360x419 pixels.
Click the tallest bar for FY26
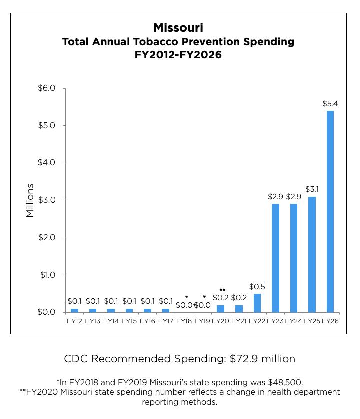[330, 211]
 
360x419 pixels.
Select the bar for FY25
[312, 254]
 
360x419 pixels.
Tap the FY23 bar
[275, 258]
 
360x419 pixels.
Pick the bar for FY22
[257, 303]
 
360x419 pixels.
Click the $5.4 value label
[330, 104]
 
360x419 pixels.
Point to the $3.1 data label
[312, 190]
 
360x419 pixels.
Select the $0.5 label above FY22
[257, 287]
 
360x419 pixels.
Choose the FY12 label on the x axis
[74, 320]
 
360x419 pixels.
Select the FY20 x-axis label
[220, 320]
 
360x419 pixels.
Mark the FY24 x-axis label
[294, 320]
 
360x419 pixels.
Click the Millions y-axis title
[30, 200]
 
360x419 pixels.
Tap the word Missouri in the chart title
[178, 27]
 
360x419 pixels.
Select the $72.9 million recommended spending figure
[263, 359]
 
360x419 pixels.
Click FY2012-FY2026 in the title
[178, 55]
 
